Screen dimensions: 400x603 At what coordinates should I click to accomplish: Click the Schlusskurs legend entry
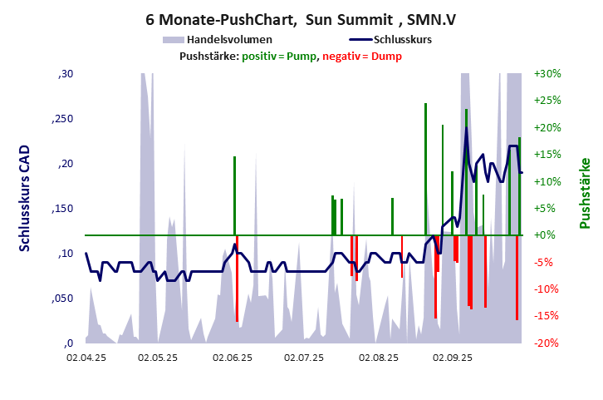click(x=401, y=40)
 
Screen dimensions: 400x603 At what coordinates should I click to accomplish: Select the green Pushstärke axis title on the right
click(x=585, y=193)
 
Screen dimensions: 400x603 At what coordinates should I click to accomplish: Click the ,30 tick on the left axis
click(x=65, y=74)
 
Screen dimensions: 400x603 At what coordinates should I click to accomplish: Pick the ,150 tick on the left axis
click(x=63, y=209)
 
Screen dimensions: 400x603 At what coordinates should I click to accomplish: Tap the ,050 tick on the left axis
click(x=63, y=299)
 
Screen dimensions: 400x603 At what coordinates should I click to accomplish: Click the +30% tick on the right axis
click(x=548, y=74)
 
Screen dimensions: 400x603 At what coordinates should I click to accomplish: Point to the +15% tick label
click(x=548, y=155)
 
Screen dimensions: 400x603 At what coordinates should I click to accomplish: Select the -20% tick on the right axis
click(x=548, y=343)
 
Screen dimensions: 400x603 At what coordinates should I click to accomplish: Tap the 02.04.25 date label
click(x=86, y=358)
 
